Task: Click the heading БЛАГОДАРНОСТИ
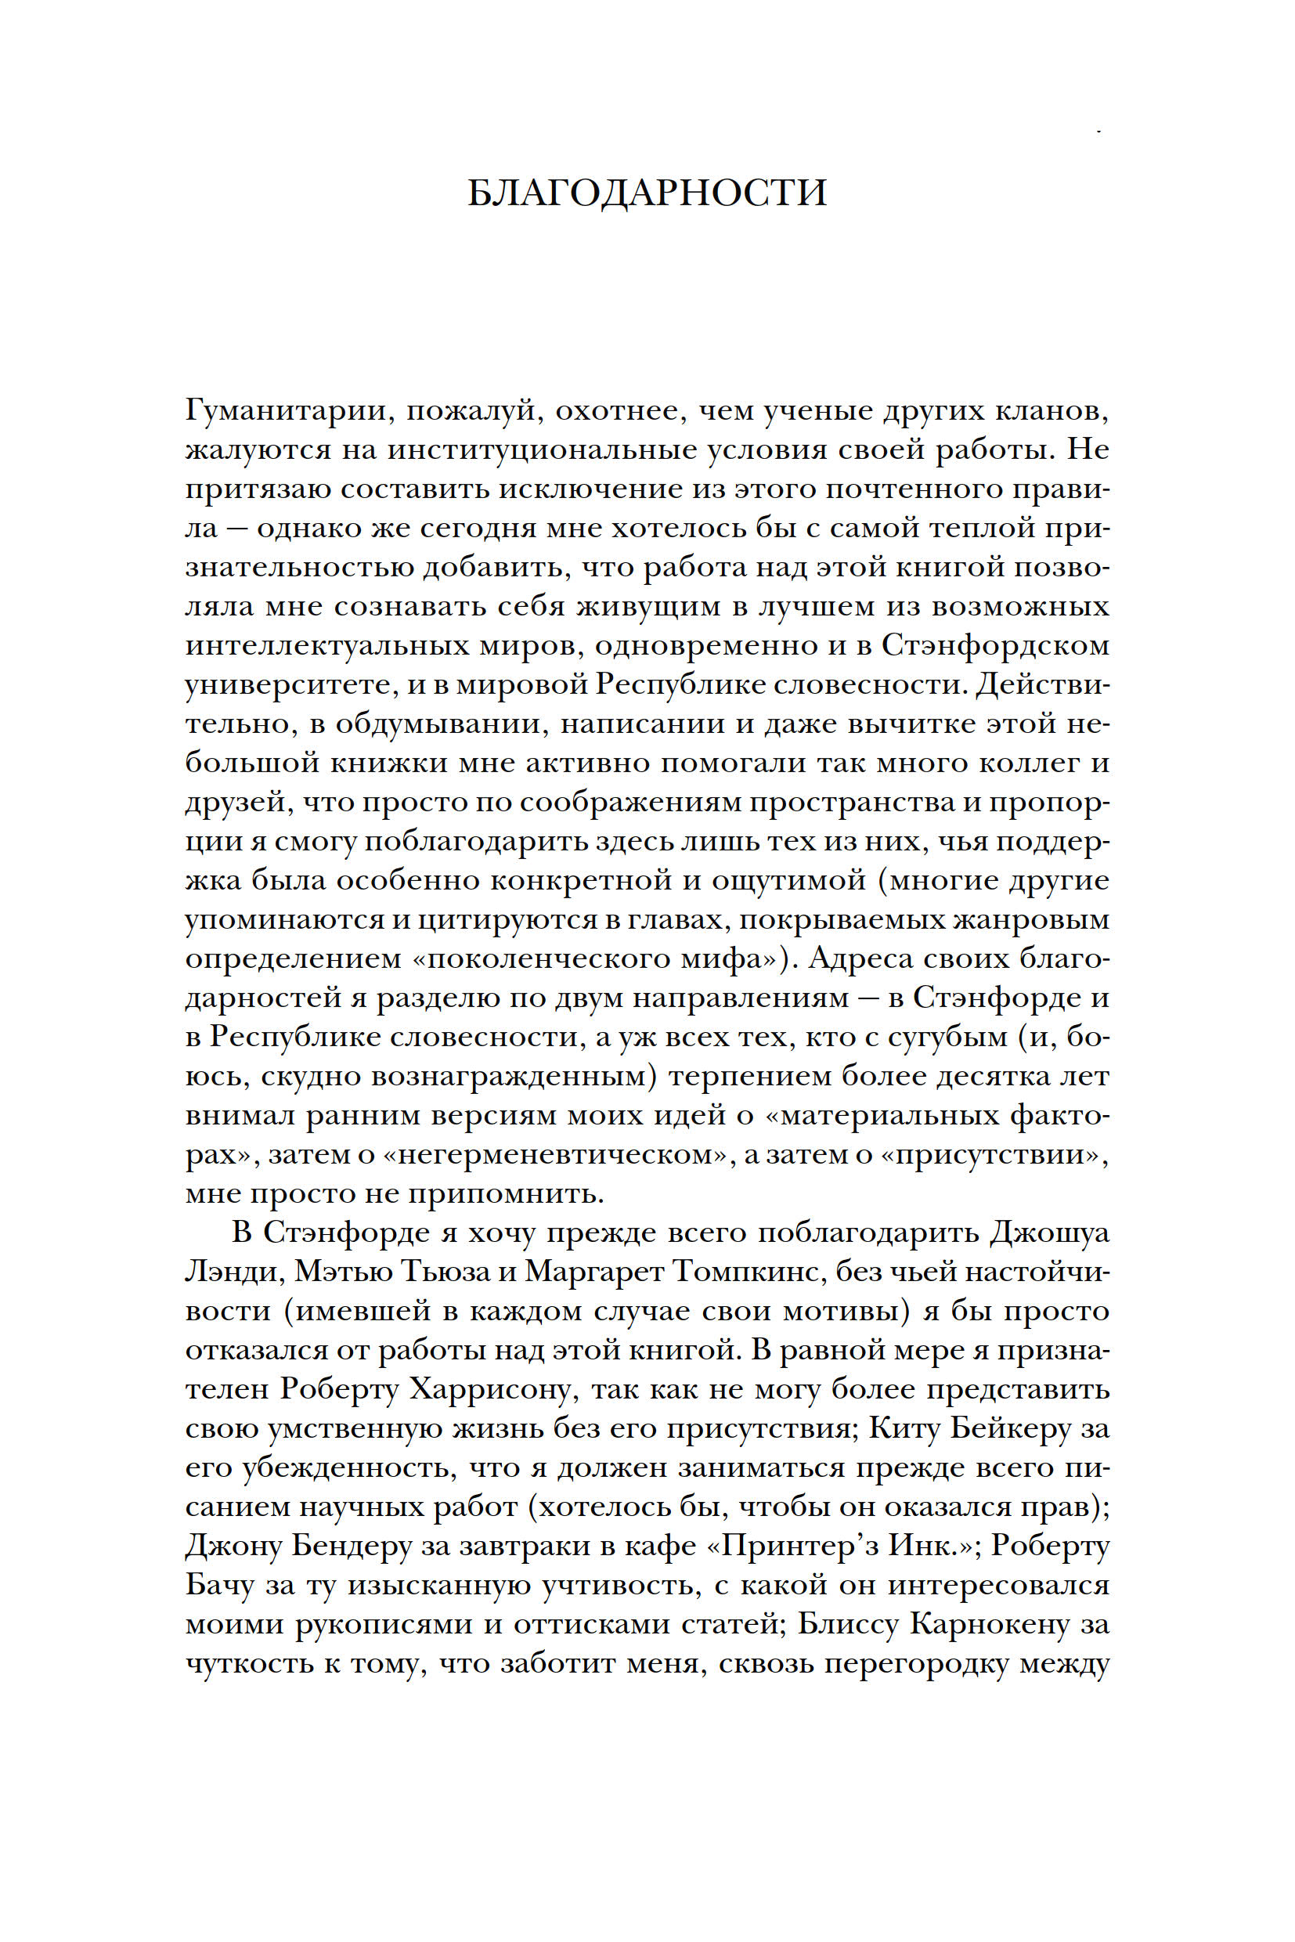pos(647,193)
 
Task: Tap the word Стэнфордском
pos(995,645)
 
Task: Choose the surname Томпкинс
pos(739,1271)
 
